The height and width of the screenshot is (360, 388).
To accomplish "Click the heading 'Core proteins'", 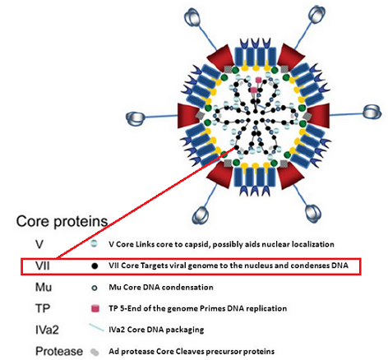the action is click(x=62, y=221).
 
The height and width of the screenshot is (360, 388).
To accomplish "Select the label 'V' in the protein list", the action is click(x=39, y=244).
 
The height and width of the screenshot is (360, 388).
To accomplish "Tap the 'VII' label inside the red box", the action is click(x=43, y=265).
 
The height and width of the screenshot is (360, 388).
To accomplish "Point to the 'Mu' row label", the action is click(x=44, y=287).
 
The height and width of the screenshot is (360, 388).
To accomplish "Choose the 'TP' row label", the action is click(x=43, y=308).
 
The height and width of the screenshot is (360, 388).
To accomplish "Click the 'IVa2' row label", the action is click(x=47, y=330).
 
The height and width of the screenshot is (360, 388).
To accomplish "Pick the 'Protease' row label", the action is click(x=59, y=351).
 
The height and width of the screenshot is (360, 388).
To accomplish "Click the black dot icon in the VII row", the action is click(x=95, y=265).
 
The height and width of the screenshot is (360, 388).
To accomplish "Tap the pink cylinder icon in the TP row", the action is click(x=95, y=308).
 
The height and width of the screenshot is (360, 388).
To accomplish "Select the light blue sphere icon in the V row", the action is click(x=95, y=244).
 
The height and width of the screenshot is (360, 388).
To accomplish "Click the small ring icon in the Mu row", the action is click(x=95, y=288).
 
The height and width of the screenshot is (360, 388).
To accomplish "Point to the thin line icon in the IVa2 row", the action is click(x=96, y=328).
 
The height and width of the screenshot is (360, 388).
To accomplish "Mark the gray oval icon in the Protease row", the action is click(x=95, y=352).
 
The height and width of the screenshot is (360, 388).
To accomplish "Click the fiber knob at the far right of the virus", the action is click(x=372, y=113).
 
